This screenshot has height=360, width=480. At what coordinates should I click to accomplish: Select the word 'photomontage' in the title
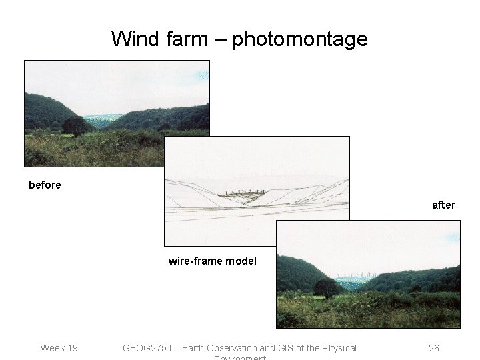[300, 39]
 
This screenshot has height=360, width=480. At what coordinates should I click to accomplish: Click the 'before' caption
[45, 185]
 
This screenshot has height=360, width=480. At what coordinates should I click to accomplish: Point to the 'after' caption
[443, 205]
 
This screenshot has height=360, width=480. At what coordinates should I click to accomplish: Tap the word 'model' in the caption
[241, 261]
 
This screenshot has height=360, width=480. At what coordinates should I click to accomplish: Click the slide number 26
[433, 348]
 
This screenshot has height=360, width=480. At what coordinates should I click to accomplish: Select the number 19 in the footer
[71, 348]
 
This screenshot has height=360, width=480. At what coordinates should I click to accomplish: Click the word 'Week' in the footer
[52, 348]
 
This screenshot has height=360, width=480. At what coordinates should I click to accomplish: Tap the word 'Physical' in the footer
[338, 348]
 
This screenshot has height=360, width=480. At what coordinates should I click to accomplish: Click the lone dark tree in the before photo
[75, 125]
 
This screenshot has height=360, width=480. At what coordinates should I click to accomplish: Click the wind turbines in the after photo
[357, 275]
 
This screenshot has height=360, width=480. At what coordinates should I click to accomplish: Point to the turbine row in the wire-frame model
[245, 192]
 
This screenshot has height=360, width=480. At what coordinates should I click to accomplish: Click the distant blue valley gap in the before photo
[103, 119]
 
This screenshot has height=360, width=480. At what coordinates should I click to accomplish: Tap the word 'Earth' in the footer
[194, 348]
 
